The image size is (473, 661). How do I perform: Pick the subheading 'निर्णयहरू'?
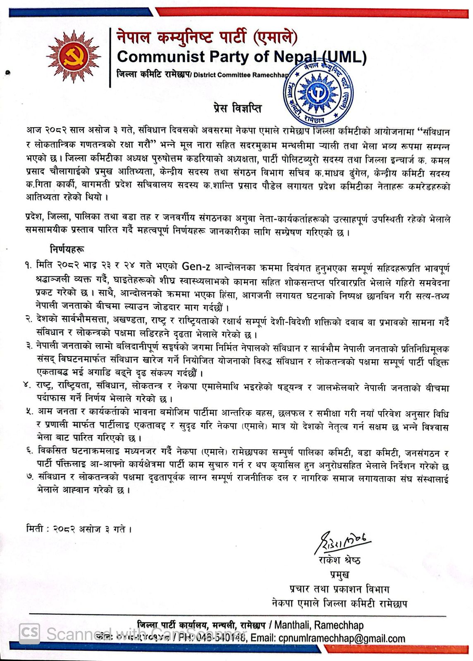coord(68,250)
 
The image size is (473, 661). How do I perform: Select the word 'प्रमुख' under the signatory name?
coord(340,574)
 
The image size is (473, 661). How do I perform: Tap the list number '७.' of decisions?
coord(28,480)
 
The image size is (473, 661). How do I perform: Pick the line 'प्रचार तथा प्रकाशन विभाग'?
coord(339,589)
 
